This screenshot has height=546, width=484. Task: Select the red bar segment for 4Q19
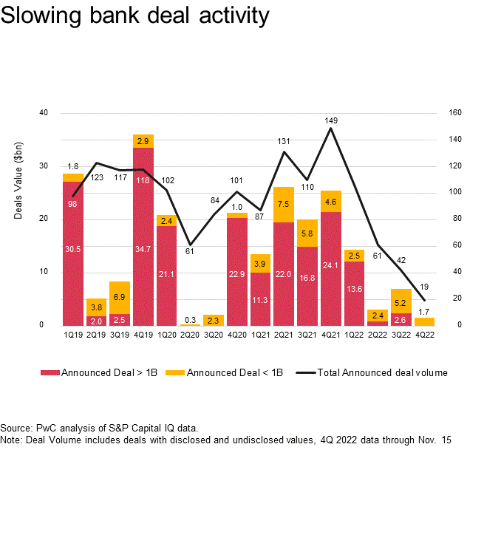click(143, 236)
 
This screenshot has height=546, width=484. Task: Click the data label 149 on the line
click(331, 119)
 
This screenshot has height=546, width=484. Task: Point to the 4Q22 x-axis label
click(425, 334)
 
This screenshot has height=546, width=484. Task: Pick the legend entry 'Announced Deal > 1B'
click(103, 373)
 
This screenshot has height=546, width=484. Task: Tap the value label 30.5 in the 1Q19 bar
click(72, 249)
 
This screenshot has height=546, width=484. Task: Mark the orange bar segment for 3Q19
click(120, 298)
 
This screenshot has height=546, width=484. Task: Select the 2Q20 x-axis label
click(190, 334)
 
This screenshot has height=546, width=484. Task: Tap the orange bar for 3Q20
click(214, 320)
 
